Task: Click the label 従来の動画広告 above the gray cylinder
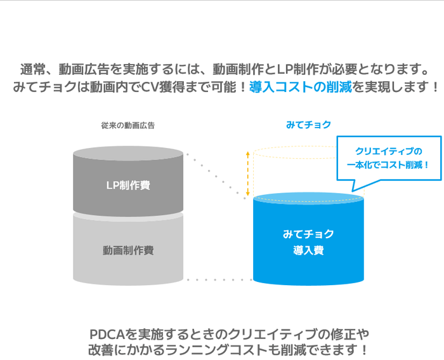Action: click(127, 125)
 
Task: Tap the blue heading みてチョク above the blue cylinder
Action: click(308, 124)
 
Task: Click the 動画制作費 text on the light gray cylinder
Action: click(128, 250)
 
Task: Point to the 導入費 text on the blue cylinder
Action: click(308, 250)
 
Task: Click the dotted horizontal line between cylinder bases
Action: click(219, 279)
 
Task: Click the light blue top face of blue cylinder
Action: click(308, 199)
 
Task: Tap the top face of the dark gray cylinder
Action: click(128, 154)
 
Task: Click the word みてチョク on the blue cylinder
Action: click(308, 234)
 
